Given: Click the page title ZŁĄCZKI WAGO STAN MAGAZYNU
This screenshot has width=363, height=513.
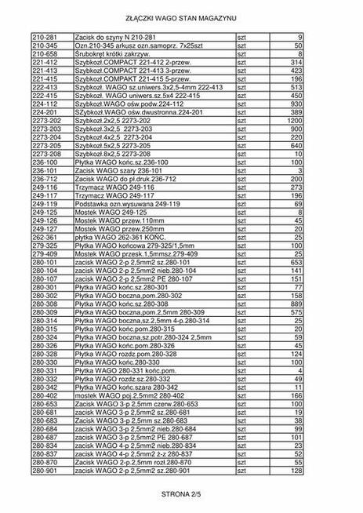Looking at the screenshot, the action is (x=181, y=16).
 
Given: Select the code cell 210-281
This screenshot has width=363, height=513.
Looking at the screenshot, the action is (x=44, y=37).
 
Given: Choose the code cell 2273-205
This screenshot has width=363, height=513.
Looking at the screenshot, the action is (x=47, y=146).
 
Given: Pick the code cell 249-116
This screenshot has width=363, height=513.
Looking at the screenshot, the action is (x=44, y=187).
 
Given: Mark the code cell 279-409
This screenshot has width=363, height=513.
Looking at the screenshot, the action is (x=44, y=253).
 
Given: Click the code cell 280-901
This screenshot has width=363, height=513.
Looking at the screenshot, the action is (x=44, y=471).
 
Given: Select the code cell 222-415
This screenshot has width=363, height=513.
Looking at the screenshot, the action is (x=44, y=95).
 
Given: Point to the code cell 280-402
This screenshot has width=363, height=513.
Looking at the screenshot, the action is (x=44, y=395).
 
